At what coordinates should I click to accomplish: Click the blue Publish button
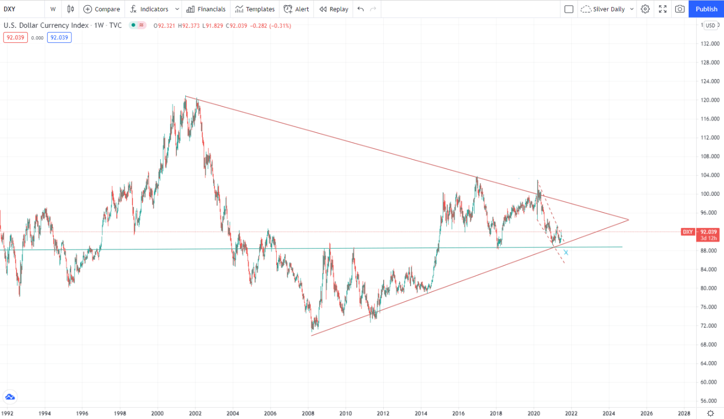point(706,9)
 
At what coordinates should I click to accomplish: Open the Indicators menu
point(154,9)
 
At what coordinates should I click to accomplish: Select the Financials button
point(206,9)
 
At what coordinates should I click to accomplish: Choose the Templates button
point(254,9)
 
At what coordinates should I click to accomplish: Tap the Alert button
point(296,9)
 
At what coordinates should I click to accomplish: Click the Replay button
point(334,9)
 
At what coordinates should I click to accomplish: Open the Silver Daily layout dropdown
point(607,9)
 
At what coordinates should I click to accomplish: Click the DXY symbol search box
point(21,9)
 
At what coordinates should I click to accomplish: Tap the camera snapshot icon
point(680,9)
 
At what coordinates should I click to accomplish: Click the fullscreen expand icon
point(662,9)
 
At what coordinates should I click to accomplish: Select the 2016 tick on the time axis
point(458,413)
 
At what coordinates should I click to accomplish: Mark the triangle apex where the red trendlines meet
point(628,220)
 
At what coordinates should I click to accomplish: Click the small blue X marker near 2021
point(566,252)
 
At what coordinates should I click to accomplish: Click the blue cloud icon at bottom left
point(10,397)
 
